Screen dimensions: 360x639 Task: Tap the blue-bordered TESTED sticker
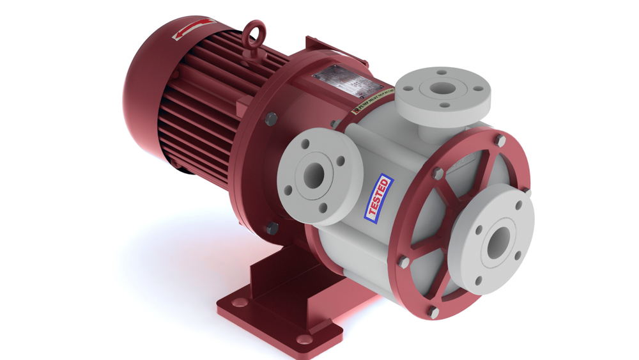pyautogui.click(x=380, y=198)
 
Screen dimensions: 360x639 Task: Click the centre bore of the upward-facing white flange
pyautogui.click(x=441, y=88)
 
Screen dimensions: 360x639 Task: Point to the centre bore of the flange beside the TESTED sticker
pyautogui.click(x=314, y=175)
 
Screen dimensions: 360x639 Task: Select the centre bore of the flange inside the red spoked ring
pyautogui.click(x=498, y=242)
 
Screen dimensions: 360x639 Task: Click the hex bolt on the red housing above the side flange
pyautogui.click(x=270, y=119)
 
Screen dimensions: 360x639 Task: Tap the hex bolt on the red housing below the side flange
pyautogui.click(x=273, y=228)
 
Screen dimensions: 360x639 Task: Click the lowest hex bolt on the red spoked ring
pyautogui.click(x=435, y=313)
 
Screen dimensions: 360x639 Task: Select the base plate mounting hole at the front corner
pyautogui.click(x=305, y=339)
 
